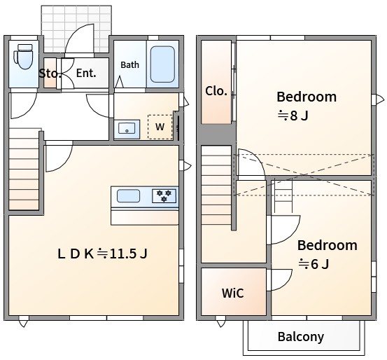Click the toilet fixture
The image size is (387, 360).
pos(23,57)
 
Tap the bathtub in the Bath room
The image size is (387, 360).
pos(162,64)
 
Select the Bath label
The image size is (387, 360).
pos(130,65)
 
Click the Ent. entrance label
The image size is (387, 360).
pos(86,73)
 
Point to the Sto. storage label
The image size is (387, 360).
pos(50,74)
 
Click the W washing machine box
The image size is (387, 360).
pos(160,127)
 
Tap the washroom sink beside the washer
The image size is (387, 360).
pos(127,129)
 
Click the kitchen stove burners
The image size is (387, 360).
pos(164,195)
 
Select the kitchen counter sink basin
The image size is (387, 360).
pos(128,196)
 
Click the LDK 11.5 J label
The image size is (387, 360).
pos(102,254)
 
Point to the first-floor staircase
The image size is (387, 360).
pos(24,169)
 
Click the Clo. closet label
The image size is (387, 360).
pos(216,91)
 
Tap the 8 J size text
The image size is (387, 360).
pos(293,116)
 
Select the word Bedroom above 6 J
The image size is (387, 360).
pos(328,245)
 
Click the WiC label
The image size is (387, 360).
pos(233,293)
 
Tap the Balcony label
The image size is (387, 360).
pos(301,337)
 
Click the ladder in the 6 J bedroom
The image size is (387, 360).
pos(283,196)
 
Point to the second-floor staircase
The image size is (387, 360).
pos(216,186)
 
